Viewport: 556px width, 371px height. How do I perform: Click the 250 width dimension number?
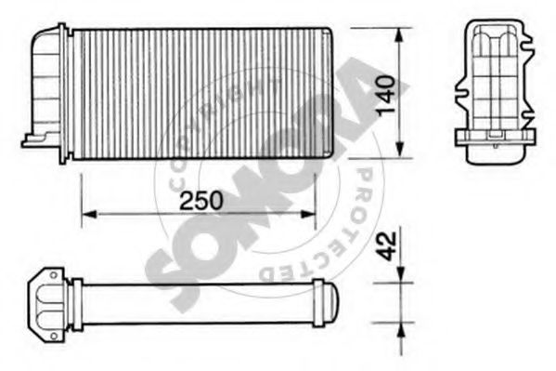point(201,200)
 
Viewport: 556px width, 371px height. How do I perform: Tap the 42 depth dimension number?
point(386,245)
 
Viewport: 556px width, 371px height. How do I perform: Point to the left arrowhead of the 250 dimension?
point(89,214)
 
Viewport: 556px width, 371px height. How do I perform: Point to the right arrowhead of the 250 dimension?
point(308,214)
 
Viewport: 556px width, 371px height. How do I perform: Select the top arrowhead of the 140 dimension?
point(400,35)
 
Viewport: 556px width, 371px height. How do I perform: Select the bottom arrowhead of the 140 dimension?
point(400,150)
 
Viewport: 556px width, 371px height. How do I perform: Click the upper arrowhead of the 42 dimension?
point(400,275)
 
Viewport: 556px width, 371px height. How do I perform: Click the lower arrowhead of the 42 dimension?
point(400,330)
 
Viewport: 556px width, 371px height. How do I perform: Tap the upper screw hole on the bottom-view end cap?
point(54,275)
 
